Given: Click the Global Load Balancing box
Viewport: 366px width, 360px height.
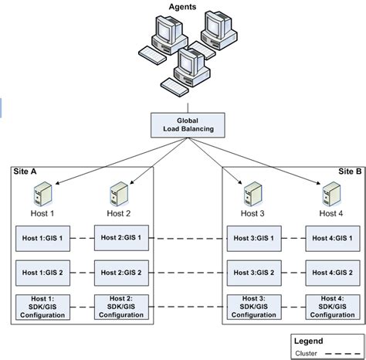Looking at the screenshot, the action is click(188, 125).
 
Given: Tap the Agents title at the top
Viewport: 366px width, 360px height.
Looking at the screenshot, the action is click(182, 7).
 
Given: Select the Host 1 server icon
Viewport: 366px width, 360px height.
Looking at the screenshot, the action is click(43, 194).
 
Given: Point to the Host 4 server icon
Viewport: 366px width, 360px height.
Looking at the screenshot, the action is click(332, 194).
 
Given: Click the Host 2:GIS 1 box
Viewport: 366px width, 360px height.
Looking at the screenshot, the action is click(121, 238).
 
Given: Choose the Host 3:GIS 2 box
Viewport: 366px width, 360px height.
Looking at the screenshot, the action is click(254, 273).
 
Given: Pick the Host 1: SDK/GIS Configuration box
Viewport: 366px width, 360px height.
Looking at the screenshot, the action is click(42, 307).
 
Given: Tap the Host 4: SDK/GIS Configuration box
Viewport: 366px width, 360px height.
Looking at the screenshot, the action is click(333, 307).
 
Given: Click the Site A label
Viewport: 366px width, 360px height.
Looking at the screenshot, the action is click(25, 172).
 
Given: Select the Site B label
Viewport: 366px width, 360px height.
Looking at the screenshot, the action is click(350, 172).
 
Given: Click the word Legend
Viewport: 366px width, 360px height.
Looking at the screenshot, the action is click(308, 341).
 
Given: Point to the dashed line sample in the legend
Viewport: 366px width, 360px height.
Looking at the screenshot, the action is click(343, 354).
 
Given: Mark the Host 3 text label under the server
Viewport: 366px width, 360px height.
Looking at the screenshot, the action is click(252, 213).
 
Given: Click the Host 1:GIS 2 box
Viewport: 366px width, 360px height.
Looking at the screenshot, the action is click(42, 273).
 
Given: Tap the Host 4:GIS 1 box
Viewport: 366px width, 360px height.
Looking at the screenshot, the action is click(333, 239).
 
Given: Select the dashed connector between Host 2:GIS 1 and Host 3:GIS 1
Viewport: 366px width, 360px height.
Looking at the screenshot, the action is click(188, 239).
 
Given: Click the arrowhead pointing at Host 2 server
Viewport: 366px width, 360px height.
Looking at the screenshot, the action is click(132, 182).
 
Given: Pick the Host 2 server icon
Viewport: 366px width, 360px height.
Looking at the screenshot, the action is click(119, 194).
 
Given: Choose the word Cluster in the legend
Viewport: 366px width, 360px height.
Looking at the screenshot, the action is click(306, 354).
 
